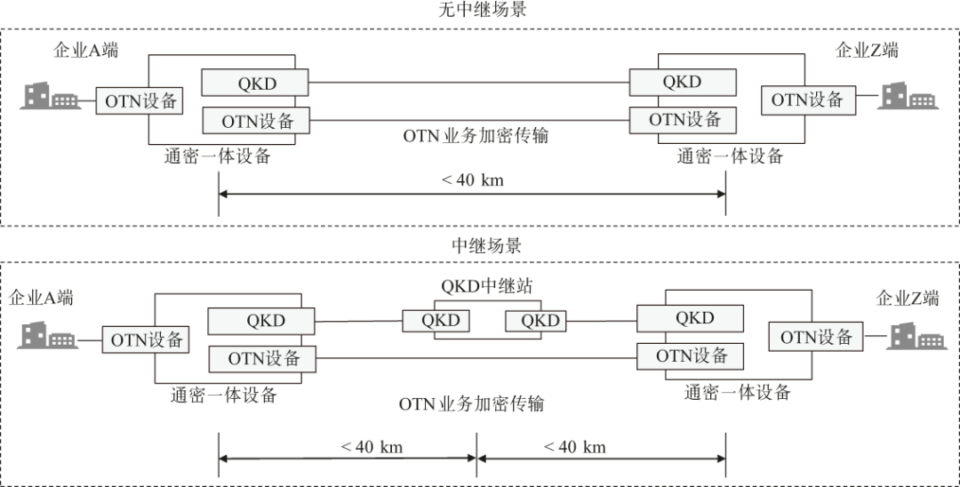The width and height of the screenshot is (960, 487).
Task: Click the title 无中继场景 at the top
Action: click(483, 11)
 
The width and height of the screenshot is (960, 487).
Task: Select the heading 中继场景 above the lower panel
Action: click(487, 246)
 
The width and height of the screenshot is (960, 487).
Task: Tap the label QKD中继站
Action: click(487, 285)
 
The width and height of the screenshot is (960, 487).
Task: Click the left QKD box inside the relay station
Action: click(436, 321)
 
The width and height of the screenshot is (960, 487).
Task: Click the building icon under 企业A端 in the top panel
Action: click(50, 97)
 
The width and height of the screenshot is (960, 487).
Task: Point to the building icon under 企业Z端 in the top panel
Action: click(908, 97)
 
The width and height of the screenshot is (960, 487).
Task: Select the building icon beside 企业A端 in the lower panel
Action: click(47, 336)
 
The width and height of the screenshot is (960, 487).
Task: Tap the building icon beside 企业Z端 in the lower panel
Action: click(917, 336)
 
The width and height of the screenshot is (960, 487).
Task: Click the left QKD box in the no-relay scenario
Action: click(256, 83)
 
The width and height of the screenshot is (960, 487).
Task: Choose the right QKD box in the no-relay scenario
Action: click(683, 82)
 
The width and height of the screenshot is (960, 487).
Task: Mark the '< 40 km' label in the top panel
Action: click(472, 180)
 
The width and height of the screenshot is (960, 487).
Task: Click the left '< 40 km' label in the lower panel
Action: click(371, 447)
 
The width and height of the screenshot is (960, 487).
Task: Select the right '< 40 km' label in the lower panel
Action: click(574, 447)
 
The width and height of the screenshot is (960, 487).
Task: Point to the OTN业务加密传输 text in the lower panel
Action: click(471, 404)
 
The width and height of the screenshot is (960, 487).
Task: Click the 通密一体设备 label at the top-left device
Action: click(218, 156)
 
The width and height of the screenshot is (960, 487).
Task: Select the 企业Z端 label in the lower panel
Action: click(908, 298)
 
